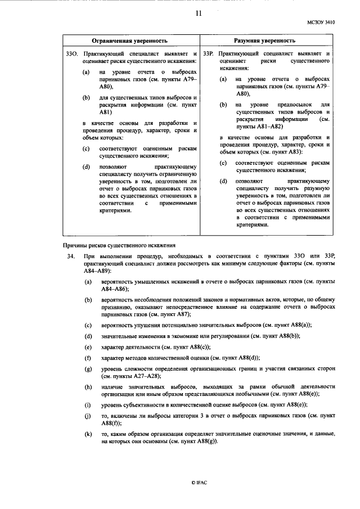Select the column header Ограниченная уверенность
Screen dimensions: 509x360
coord(130,41)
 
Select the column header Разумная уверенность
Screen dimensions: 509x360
coord(264,41)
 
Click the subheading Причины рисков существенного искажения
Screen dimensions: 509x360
coord(119,245)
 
